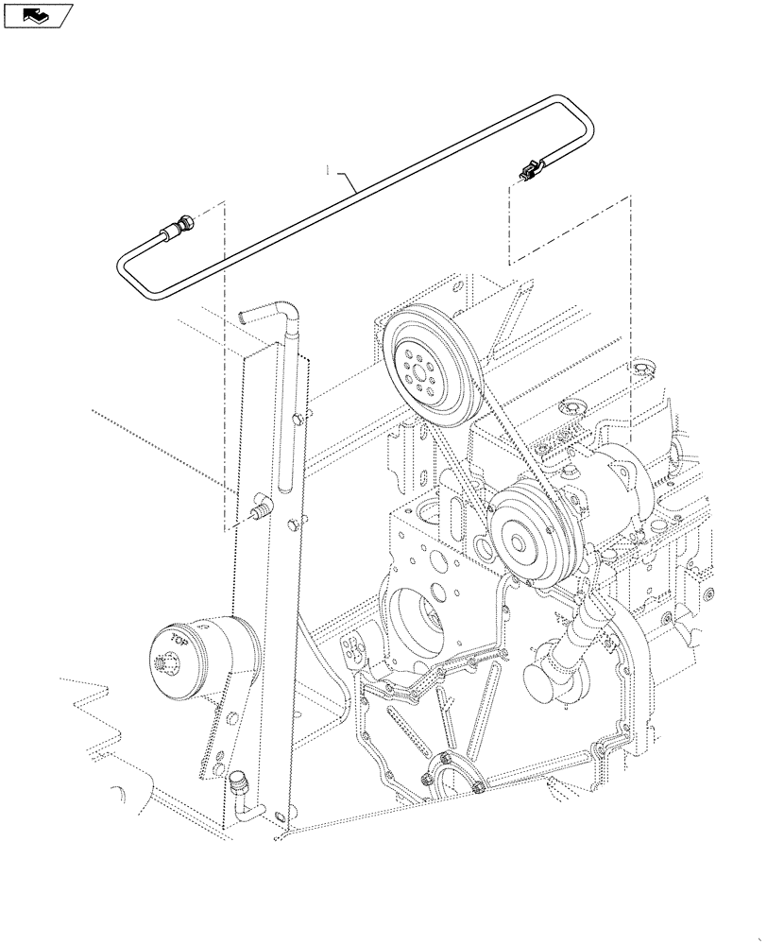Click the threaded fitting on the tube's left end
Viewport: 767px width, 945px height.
pyautogui.click(x=179, y=228)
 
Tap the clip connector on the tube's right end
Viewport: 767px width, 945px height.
pyautogui.click(x=527, y=173)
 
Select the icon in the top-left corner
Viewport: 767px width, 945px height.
pyautogui.click(x=37, y=14)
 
